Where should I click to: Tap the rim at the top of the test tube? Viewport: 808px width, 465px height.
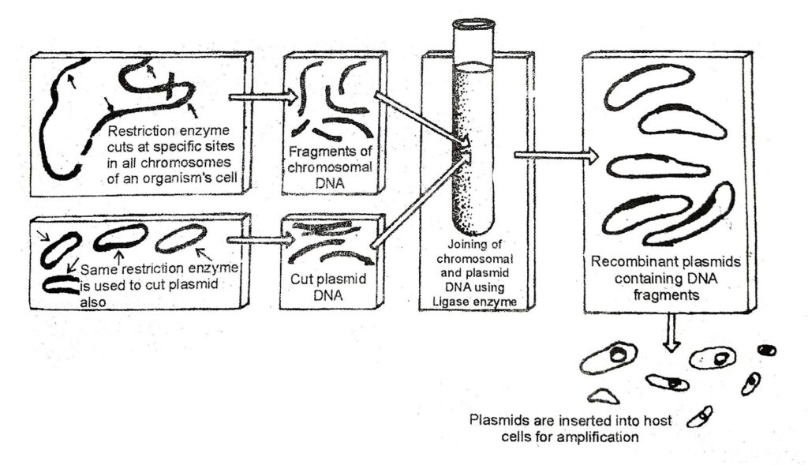[473, 24]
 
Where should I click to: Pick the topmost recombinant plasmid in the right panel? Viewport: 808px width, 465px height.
[649, 85]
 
